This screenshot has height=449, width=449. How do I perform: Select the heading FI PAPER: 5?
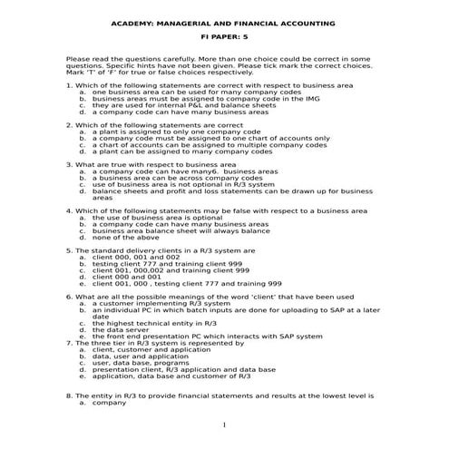pos(223,41)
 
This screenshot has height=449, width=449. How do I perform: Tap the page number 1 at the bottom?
pos(223,425)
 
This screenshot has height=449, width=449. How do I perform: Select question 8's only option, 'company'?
pos(109,402)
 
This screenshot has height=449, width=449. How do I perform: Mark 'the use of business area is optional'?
pos(150,217)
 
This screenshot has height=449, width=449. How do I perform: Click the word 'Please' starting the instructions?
pos(78,59)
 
